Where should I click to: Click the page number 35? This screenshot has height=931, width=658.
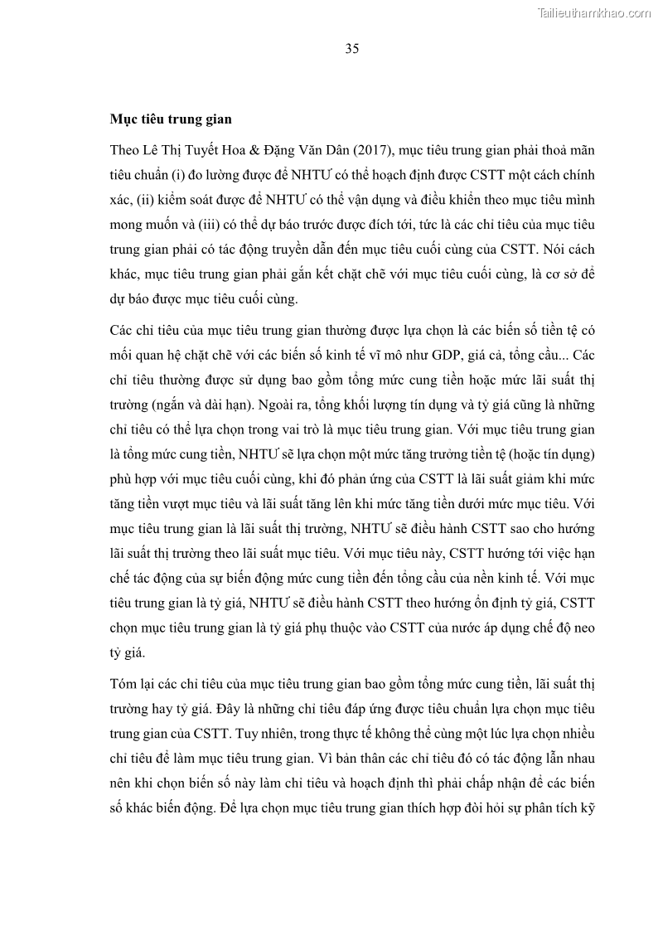click(351, 49)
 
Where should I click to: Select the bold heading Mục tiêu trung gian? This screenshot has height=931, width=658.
click(171, 119)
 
